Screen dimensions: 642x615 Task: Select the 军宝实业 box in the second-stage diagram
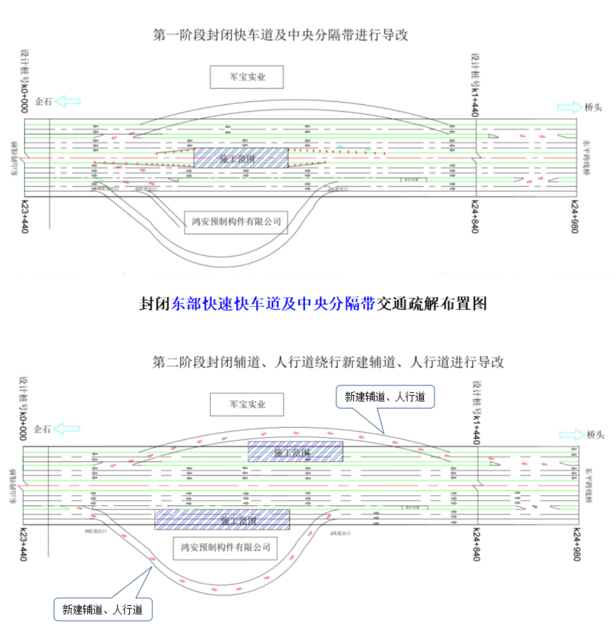pos(246,404)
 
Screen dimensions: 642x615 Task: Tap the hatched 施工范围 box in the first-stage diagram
pos(240,158)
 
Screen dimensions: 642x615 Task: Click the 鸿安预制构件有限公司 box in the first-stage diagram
pos(236,221)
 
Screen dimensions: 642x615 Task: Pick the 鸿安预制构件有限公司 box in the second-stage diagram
pos(225,548)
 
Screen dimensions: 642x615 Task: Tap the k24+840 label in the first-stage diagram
pos(475,217)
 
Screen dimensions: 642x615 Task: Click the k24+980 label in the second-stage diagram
pos(576,544)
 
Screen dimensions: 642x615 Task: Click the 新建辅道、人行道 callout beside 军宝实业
pos(385,397)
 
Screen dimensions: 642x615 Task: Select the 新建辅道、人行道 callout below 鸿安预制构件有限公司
pos(103,609)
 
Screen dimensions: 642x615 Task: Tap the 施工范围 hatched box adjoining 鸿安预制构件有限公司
pos(222,519)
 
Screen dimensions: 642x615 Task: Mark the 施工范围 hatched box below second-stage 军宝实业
pos(295,451)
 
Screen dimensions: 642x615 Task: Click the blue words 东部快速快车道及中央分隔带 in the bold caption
pos(274,304)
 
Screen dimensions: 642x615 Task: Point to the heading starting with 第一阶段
pos(280,35)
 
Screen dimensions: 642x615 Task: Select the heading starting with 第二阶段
pos(328,363)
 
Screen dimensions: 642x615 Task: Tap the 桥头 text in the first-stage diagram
pos(593,107)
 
